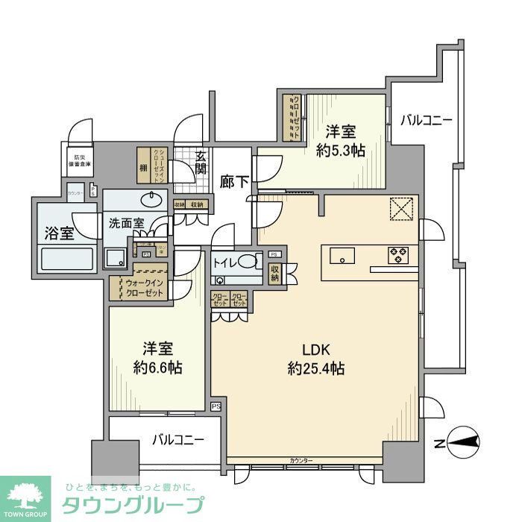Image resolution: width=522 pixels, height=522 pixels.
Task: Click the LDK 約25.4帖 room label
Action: [316, 358]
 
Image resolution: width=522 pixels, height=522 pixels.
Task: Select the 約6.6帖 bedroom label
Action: [158, 358]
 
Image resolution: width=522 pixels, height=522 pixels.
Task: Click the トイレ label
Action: [228, 262]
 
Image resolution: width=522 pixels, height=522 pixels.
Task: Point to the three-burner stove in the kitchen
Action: [398, 256]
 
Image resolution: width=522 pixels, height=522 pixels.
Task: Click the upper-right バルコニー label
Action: [425, 119]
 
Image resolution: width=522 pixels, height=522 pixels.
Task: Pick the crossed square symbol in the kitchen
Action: [402, 210]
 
